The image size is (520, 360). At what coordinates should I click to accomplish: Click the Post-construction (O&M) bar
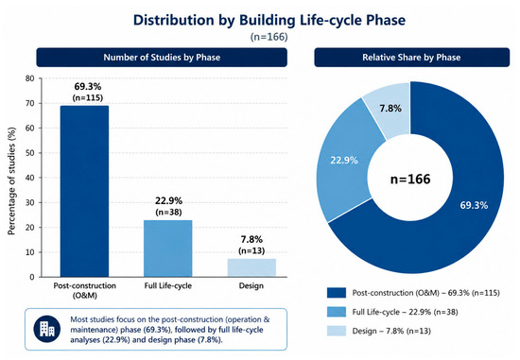click(84, 191)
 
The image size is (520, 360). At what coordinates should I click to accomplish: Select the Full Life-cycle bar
click(167, 249)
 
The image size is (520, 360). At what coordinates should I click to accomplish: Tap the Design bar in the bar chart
click(251, 267)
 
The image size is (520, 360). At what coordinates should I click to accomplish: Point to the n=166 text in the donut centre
click(410, 179)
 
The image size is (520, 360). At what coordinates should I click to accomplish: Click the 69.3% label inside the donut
click(474, 205)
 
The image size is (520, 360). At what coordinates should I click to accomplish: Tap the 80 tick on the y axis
click(30, 78)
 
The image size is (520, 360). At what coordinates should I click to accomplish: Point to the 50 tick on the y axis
click(30, 153)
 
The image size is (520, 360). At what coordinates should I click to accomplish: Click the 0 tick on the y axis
click(32, 277)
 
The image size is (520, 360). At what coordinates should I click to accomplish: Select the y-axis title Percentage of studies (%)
click(11, 181)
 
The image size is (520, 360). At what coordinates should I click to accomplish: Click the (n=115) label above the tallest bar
click(88, 97)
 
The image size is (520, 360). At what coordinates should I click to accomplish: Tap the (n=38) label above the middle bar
click(168, 213)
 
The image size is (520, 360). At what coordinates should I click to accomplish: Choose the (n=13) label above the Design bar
click(251, 250)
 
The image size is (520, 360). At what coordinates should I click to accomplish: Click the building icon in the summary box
click(47, 329)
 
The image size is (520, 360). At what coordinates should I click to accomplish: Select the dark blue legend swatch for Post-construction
click(337, 293)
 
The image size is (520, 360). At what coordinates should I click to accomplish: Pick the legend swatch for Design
click(337, 331)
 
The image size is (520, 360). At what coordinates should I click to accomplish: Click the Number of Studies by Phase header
click(162, 58)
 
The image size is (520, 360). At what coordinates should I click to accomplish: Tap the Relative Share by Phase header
click(411, 58)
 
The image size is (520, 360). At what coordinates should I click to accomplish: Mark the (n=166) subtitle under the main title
click(269, 37)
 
